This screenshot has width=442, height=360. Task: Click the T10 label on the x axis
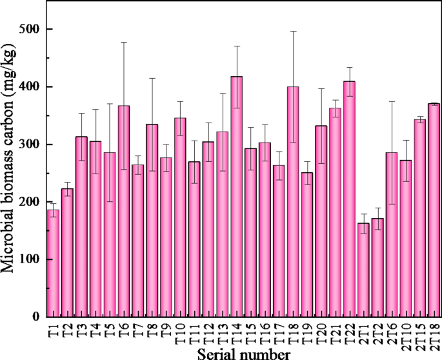point(180,335)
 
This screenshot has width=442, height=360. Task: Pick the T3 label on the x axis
point(81,332)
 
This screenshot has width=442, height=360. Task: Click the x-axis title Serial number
point(244,354)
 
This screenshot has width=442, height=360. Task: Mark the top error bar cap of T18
point(293,31)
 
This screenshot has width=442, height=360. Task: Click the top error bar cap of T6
point(124,42)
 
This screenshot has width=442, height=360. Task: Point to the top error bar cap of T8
point(152,78)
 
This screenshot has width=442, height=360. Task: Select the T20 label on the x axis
point(321,335)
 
